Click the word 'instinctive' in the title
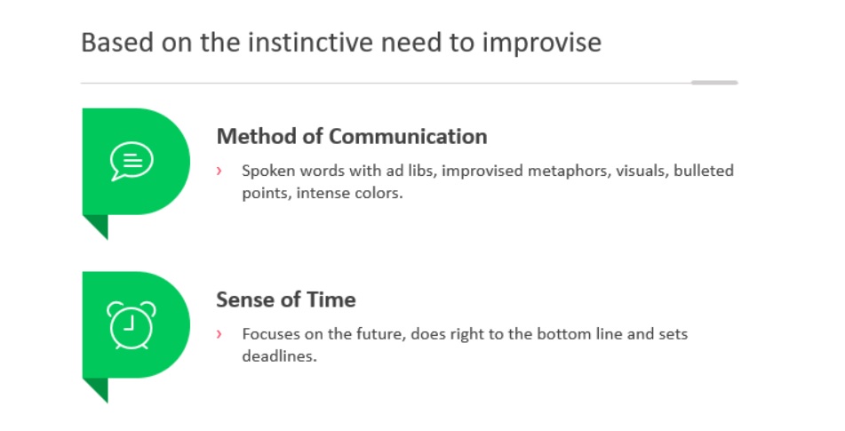pos(310,43)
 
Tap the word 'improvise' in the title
pos(542,44)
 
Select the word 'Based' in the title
pos(117,43)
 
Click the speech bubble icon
pos(132,161)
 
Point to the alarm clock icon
pos(131,325)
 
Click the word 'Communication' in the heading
pos(408,136)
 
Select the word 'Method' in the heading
pos(257,136)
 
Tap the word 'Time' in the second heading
pos(331,299)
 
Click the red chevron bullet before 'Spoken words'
pos(219,171)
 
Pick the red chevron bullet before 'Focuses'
pos(219,334)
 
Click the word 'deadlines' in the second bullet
pos(279,356)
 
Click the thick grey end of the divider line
pos(714,83)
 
